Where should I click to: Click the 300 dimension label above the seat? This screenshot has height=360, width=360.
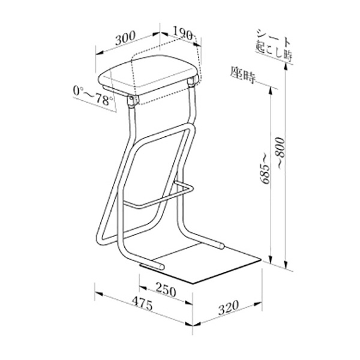click(125, 38)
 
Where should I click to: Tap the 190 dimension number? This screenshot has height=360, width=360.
click(182, 34)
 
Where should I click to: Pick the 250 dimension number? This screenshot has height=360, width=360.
click(166, 289)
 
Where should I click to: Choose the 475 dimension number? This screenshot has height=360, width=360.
click(143, 304)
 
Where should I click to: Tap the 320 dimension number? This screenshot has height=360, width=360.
click(229, 307)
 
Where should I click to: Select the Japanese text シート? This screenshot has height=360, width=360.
click(274, 37)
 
